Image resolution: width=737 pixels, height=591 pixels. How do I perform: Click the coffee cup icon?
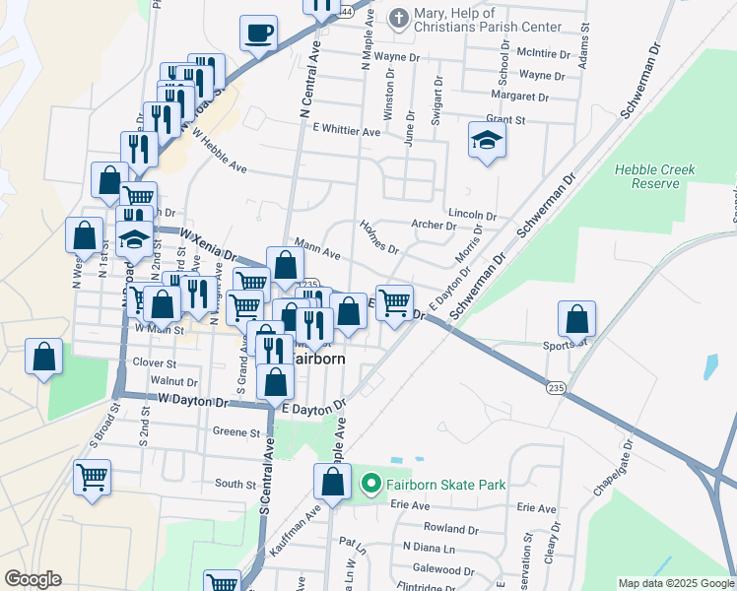coord(258,33)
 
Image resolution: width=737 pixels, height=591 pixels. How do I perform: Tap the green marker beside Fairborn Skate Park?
coord(371,484)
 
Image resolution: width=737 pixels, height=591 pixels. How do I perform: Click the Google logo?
coord(32,579)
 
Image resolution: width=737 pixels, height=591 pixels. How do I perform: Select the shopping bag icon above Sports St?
coord(576,319)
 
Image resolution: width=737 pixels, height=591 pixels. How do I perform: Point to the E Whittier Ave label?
coord(346,130)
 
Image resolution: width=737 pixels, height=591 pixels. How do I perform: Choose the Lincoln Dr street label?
coord(471,214)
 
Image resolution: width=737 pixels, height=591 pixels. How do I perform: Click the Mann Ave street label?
coord(316,252)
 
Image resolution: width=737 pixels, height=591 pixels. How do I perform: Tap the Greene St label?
coord(235,431)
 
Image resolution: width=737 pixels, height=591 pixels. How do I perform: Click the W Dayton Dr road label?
coord(193,401)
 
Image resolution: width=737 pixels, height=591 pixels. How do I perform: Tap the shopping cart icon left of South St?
coord(92,478)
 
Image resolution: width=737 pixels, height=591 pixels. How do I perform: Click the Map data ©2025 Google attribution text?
coord(675,583)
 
